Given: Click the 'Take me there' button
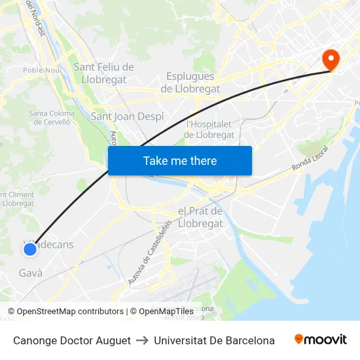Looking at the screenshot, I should [180, 160].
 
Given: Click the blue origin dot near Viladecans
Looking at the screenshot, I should [29, 249].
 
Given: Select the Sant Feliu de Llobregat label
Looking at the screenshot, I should [103, 73].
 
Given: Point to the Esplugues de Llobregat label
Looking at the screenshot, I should [190, 82].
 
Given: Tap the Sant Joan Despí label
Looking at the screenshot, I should [127, 117].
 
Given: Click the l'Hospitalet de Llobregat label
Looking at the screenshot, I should [209, 130].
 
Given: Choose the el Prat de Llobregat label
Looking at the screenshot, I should [200, 217].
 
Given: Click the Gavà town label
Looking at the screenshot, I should [31, 273].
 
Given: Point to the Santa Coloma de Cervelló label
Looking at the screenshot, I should [52, 117].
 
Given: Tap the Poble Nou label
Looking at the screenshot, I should [41, 70].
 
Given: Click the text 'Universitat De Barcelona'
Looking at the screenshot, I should [214, 340].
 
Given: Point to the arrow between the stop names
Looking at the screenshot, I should [142, 340].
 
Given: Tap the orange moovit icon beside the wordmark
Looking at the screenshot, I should [299, 339].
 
